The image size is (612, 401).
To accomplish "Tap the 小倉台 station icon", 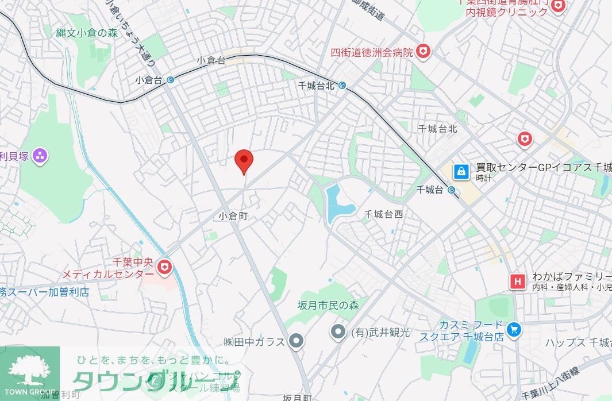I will point(171,80).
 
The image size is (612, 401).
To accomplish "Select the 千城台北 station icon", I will point(342,86).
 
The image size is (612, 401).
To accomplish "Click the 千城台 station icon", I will point(452,190).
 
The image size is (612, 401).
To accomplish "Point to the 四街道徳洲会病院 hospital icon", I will point(424,52).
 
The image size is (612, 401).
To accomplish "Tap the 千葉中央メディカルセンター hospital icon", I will point(165,267).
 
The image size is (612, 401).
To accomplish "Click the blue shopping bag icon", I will point(461,171).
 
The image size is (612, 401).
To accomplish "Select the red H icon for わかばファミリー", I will point(518,282).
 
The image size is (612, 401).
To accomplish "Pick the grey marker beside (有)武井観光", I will point(338,331).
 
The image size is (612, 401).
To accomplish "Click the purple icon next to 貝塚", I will point(40,155).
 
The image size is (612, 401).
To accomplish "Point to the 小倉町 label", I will point(235,216).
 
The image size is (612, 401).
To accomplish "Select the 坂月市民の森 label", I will point(328,305).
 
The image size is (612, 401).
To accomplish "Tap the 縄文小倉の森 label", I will point(87,33).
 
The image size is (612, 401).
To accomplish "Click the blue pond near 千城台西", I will point(333,203).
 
